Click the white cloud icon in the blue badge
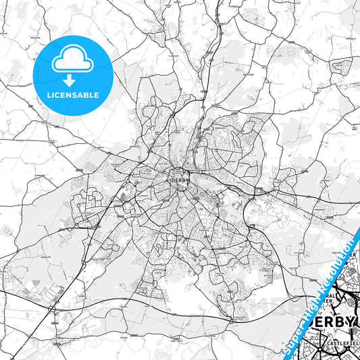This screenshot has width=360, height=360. coord(72,61)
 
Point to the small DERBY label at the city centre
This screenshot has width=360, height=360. coord(179,181)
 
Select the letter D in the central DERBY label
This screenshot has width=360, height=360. coord(174,181)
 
